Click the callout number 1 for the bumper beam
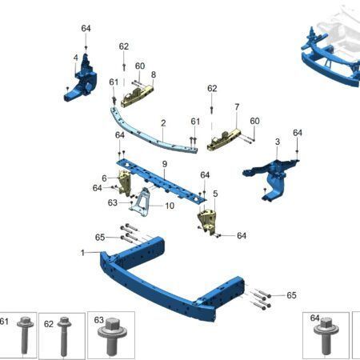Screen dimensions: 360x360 click(x=82, y=253)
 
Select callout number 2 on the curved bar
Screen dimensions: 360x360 click(x=163, y=123)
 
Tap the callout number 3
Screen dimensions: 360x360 click(x=278, y=142)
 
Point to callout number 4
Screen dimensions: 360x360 click(x=76, y=58)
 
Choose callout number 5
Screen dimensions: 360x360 click(x=215, y=194)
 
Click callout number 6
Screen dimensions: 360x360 click(x=104, y=178)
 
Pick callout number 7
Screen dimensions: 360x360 click(x=237, y=107)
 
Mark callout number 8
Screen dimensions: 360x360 click(x=154, y=74)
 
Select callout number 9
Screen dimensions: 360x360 click(x=165, y=164)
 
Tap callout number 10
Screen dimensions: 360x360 click(x=170, y=206)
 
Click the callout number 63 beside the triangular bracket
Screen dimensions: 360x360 click(x=113, y=202)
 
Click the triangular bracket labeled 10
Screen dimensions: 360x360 click(x=142, y=202)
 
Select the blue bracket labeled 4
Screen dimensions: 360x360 click(x=81, y=78)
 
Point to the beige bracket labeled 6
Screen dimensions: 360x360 click(x=124, y=182)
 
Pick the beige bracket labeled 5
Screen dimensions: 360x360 click(x=207, y=221)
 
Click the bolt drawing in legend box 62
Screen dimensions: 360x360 click(x=64, y=337)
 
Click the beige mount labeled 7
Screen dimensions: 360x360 click(x=223, y=140)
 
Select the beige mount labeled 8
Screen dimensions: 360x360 click(x=137, y=96)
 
